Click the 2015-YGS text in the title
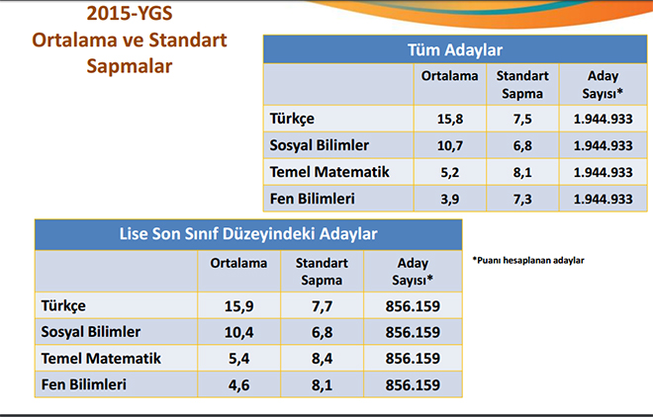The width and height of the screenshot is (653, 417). click(130, 13)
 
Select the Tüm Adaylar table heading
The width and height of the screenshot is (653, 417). click(455, 49)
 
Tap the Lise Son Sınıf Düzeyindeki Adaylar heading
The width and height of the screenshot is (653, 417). click(248, 233)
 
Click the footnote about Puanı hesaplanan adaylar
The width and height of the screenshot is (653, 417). click(528, 260)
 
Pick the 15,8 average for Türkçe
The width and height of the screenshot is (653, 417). click(450, 119)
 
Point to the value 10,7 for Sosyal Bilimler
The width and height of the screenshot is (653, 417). click(450, 145)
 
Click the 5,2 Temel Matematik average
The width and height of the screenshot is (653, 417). click(450, 172)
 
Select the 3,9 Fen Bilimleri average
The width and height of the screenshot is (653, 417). click(450, 199)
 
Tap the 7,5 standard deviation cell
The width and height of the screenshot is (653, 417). click(522, 119)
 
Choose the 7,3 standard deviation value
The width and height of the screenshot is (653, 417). click(522, 199)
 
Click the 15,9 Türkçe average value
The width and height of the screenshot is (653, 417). click(239, 306)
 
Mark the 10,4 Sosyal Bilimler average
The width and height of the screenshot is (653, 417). click(239, 332)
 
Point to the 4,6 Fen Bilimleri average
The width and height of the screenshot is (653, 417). click(239, 385)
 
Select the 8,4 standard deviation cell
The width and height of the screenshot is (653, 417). click(322, 359)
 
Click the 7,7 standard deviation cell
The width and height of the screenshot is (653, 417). click(322, 306)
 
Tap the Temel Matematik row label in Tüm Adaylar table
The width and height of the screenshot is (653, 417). click(329, 172)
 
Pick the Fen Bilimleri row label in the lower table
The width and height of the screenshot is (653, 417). click(84, 384)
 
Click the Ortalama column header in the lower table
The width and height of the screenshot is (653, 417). click(238, 263)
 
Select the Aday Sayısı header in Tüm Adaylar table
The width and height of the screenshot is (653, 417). click(603, 84)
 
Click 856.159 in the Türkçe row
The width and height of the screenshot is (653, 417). click(413, 306)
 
